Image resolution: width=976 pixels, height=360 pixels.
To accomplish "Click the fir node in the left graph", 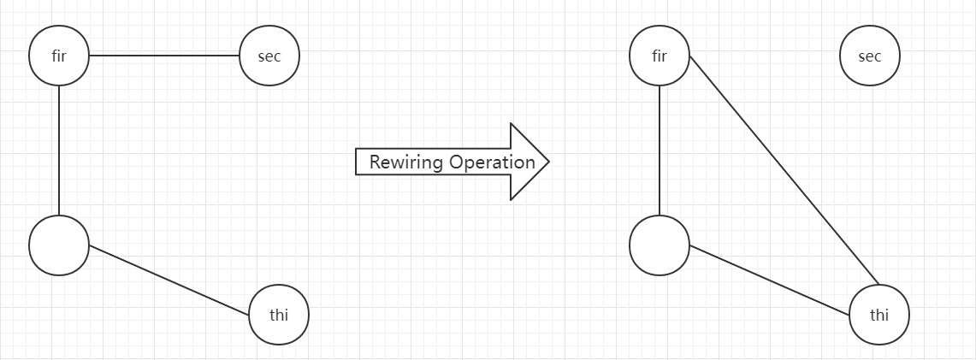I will [59, 56].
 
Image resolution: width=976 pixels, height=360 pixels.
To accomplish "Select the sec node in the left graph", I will [269, 56].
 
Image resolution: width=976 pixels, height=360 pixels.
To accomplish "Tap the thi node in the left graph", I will [279, 315].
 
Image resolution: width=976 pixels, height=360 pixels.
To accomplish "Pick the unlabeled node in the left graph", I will [59, 245].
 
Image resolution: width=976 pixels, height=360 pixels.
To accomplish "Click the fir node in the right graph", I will [660, 56].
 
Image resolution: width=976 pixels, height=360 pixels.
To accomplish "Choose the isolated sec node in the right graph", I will [870, 56].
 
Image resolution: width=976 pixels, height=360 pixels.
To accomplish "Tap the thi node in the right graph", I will [879, 315].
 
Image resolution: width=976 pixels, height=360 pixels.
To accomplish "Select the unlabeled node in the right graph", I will [660, 245].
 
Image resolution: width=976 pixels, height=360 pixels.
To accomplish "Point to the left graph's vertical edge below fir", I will [59, 150].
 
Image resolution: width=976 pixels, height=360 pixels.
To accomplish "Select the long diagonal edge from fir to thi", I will [784, 170].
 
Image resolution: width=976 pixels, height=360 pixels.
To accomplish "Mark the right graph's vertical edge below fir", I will [660, 150].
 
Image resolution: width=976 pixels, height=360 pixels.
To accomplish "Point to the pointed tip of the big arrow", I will [547, 161].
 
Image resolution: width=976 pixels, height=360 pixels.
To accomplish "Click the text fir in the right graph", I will [660, 56].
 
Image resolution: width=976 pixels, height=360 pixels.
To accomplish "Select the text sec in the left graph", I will [269, 56].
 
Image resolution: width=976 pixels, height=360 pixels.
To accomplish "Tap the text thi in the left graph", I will [279, 315].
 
